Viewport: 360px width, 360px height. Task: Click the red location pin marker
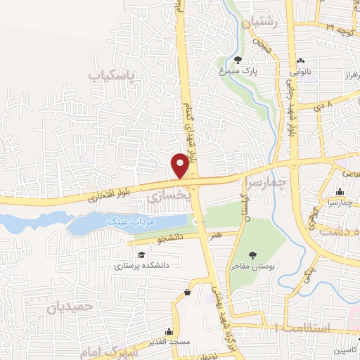pos(180,165)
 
